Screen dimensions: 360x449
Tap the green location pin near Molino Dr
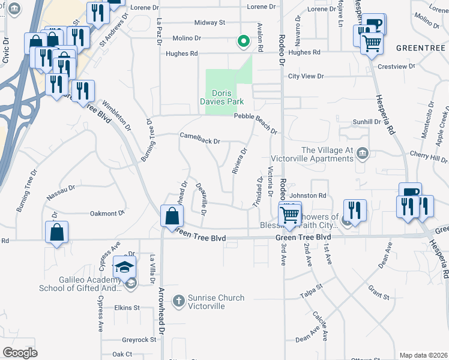pyautogui.click(x=243, y=41)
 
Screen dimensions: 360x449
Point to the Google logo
pyautogui.click(x=20, y=352)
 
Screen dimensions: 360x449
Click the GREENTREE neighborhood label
pyautogui.click(x=419, y=47)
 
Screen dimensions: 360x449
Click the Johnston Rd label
pyautogui.click(x=307, y=195)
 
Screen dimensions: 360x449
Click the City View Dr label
pyautogui.click(x=306, y=76)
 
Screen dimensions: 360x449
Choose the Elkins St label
pyautogui.click(x=127, y=308)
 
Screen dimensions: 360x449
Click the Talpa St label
pyautogui.click(x=312, y=296)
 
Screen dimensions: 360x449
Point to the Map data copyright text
pyautogui.click(x=423, y=355)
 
